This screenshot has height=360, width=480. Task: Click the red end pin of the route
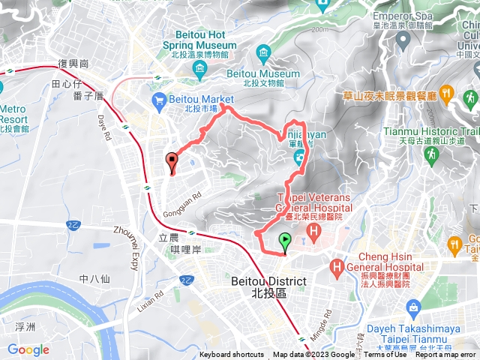172,160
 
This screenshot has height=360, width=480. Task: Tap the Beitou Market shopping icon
159,99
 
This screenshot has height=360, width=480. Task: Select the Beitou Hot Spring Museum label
205,40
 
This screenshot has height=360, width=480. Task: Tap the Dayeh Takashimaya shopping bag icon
413,307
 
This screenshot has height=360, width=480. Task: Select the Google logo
28,349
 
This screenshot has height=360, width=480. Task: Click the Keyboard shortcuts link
232,355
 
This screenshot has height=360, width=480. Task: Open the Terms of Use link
385,355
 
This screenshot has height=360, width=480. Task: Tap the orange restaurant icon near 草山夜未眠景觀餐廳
445,93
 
